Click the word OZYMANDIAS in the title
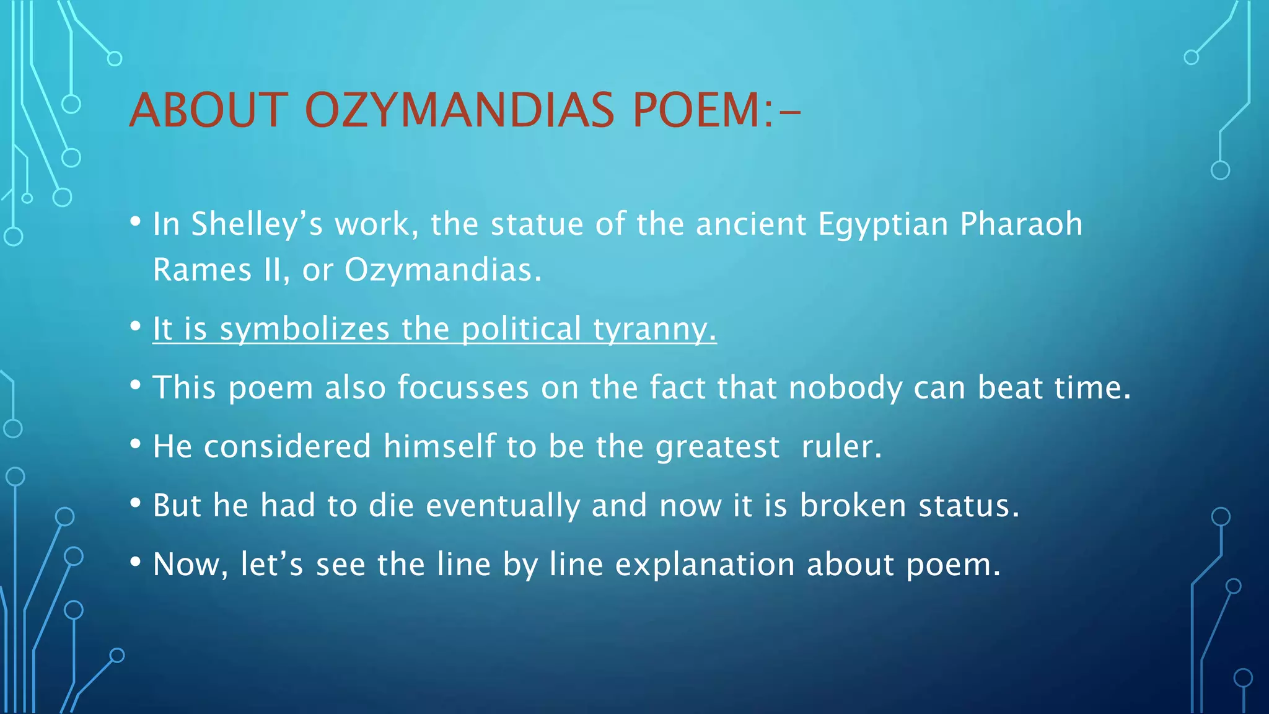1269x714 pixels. tap(459, 110)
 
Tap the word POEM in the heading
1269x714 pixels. tap(696, 110)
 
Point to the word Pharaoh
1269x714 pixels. tap(1021, 224)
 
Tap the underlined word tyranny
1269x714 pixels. tap(654, 329)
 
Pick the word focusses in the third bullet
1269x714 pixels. tap(463, 387)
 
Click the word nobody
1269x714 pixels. tap(845, 388)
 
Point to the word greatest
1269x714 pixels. tap(718, 447)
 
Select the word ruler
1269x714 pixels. tap(841, 447)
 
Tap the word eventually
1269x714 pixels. tap(503, 506)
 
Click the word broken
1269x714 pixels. tap(853, 505)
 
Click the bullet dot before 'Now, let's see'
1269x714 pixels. tap(136, 563)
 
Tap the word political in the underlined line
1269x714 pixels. tap(521, 329)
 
